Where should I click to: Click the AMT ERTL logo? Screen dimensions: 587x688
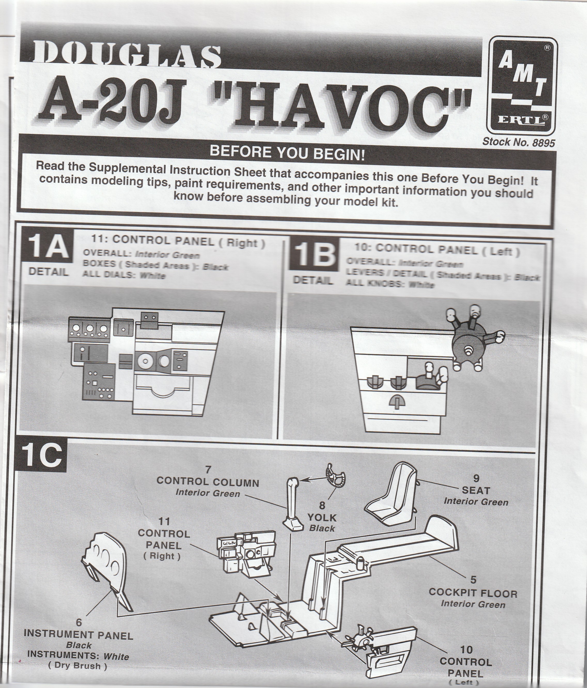click(x=522, y=85)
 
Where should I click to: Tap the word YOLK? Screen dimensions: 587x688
click(x=322, y=518)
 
